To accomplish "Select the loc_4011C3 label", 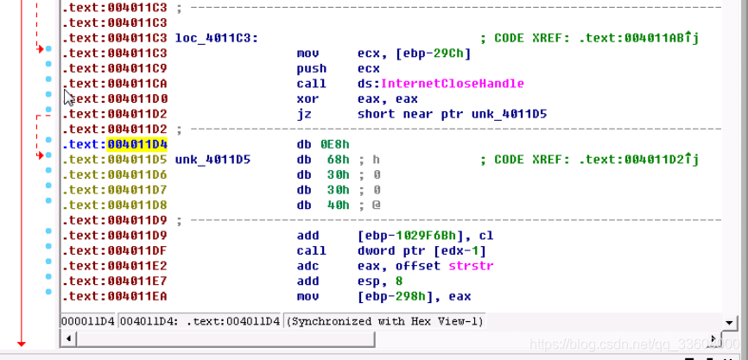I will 215,38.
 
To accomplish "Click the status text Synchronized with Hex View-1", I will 385,321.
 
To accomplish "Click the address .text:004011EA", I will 117,295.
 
